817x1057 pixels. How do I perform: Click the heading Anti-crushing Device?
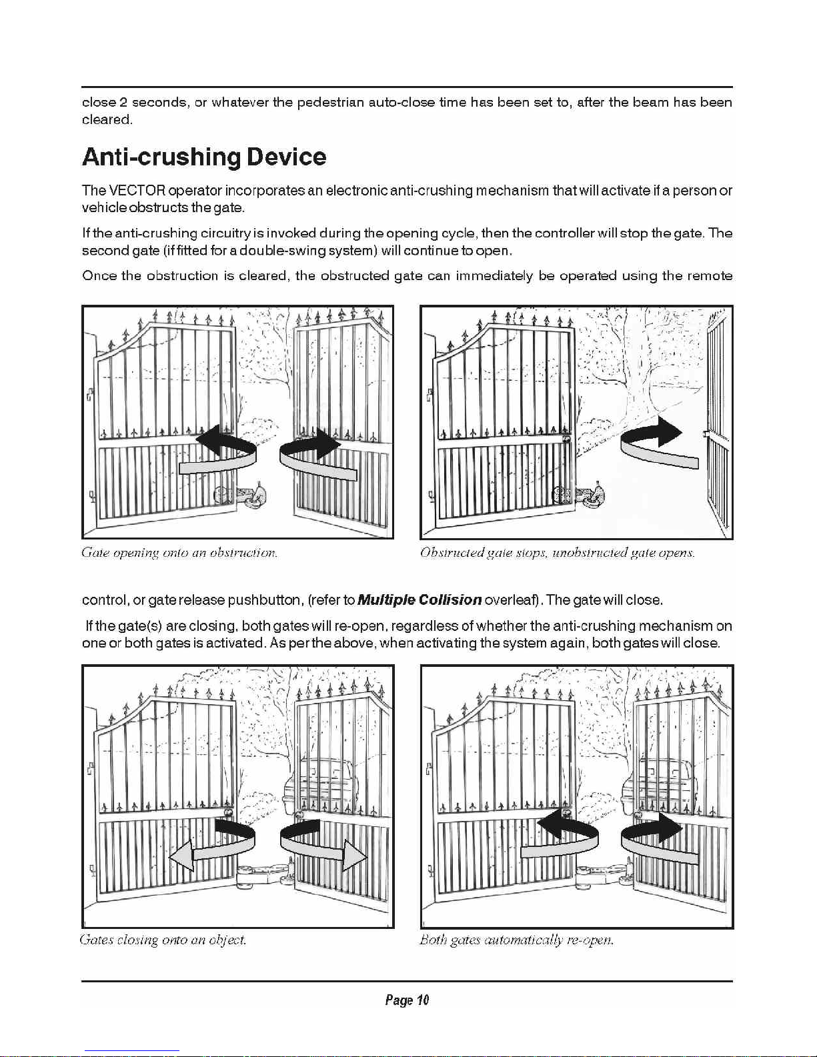point(204,157)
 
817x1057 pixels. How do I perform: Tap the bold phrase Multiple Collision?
point(420,600)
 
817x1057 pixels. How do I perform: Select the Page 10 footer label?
point(407,1000)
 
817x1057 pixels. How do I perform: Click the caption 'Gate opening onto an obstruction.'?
point(179,553)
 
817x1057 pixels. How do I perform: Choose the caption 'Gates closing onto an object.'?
point(163,940)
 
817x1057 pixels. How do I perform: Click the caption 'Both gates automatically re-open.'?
point(516,940)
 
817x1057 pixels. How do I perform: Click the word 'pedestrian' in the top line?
point(331,103)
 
